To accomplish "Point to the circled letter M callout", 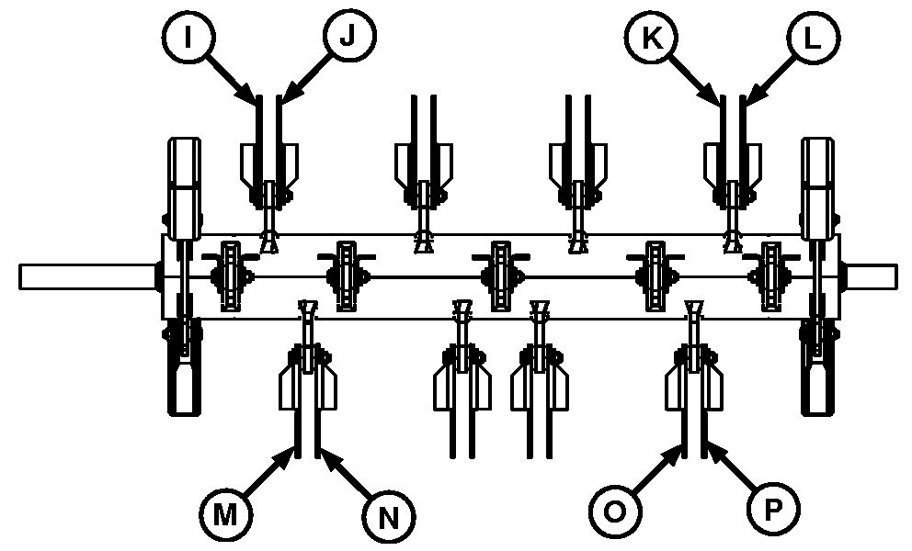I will tap(223, 515).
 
